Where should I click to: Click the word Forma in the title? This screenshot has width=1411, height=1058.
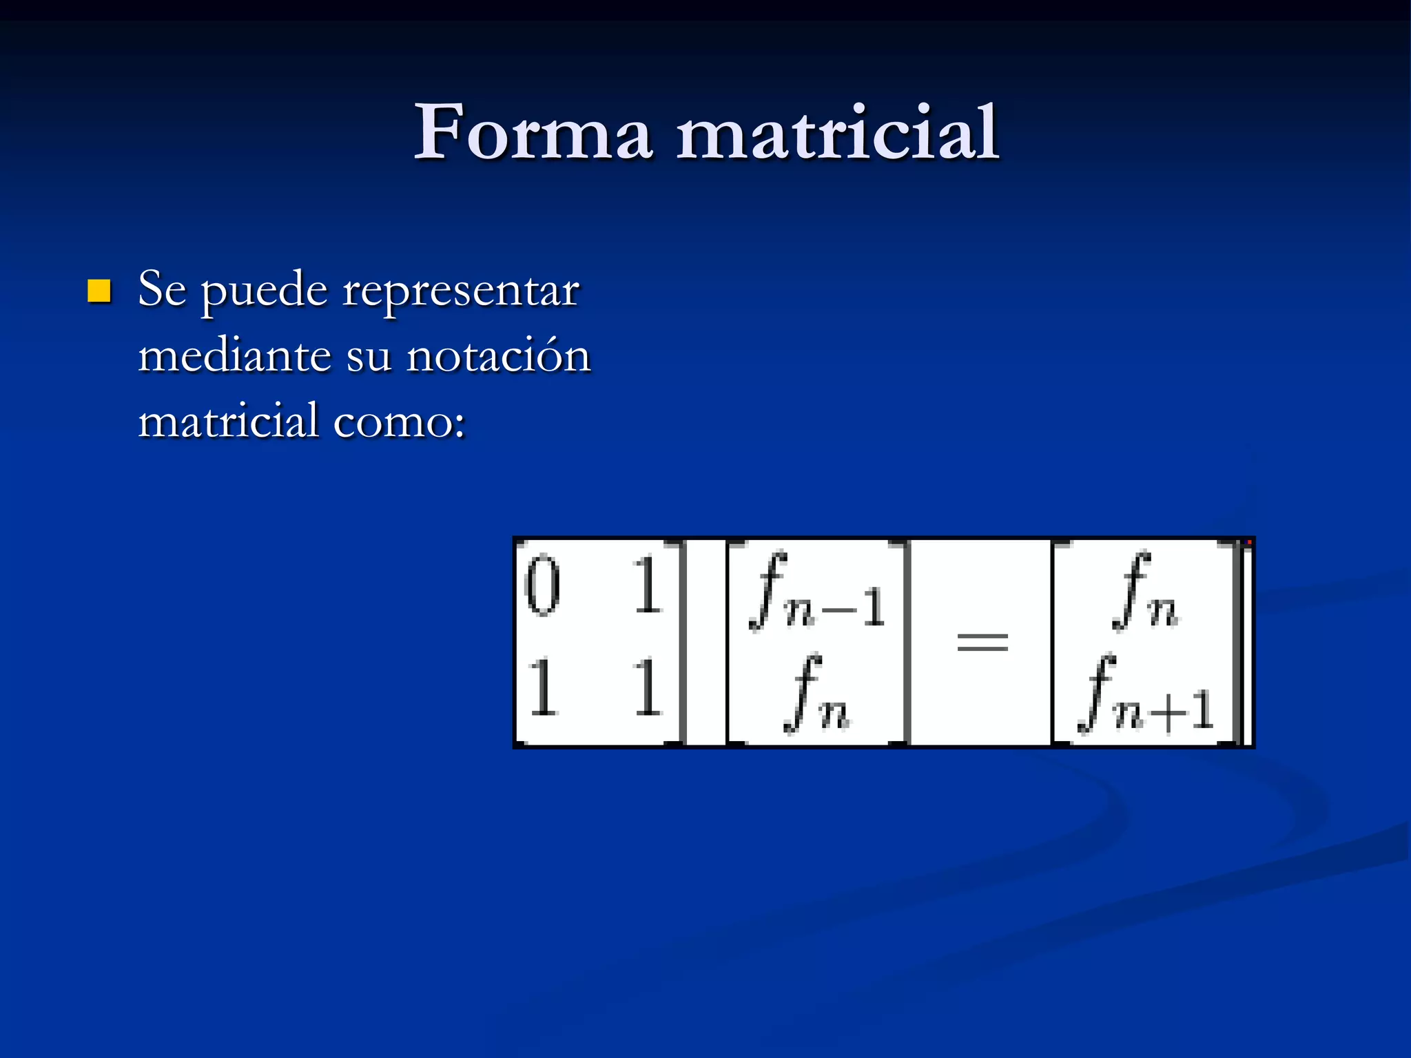[x=533, y=132]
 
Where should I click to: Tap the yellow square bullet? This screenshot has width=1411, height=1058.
[x=99, y=291]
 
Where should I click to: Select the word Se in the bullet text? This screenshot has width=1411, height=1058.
[x=162, y=289]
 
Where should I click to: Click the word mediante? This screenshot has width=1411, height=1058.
[x=235, y=356]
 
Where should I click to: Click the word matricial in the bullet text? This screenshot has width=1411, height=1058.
[x=228, y=421]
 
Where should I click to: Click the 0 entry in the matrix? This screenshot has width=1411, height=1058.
[x=542, y=585]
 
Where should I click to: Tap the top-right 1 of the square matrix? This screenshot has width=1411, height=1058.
[x=647, y=585]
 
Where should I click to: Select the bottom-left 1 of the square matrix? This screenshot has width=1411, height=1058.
[x=542, y=687]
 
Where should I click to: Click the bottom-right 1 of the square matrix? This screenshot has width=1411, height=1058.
[x=647, y=687]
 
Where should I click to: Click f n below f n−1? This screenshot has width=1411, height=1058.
[x=817, y=694]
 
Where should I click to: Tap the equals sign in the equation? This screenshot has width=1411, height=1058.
[x=982, y=643]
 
